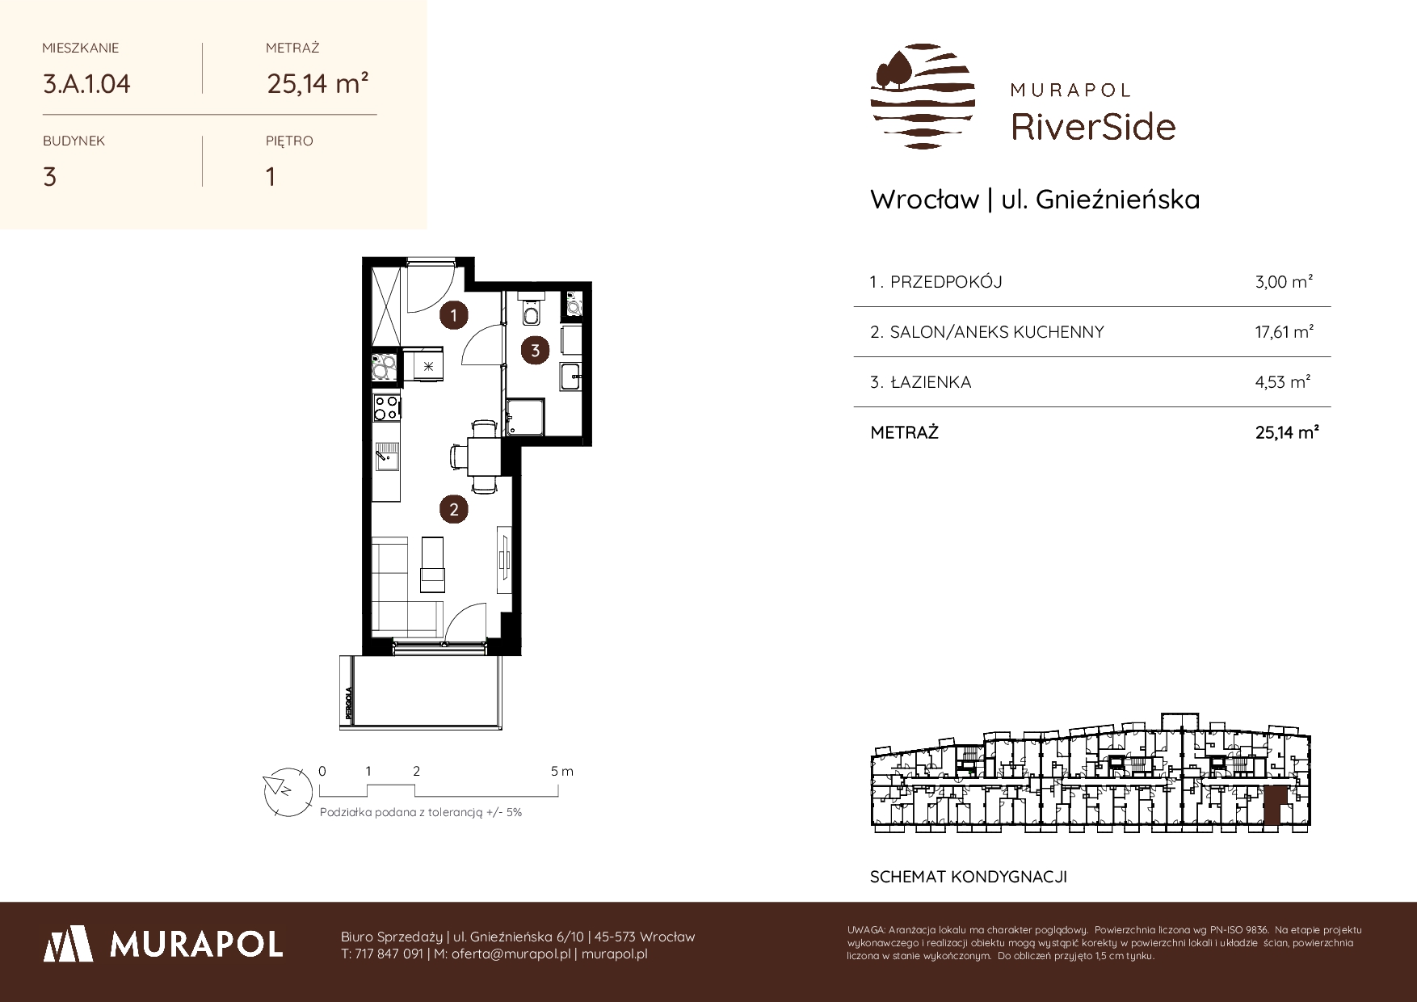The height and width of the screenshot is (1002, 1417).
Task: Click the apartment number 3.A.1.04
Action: click(x=86, y=83)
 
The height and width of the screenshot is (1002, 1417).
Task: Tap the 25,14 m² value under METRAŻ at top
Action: click(x=318, y=83)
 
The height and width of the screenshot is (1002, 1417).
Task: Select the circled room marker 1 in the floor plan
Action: click(x=454, y=315)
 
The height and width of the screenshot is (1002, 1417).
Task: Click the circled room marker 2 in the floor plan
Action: click(x=454, y=509)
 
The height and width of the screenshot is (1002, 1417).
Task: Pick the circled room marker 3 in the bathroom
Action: click(x=535, y=350)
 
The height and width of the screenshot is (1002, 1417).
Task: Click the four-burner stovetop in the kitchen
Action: click(x=385, y=406)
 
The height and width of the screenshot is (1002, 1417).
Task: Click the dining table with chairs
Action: click(x=483, y=457)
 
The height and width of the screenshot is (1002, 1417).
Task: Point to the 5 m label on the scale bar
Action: click(x=562, y=771)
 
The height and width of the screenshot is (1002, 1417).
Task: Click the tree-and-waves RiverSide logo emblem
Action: click(x=923, y=96)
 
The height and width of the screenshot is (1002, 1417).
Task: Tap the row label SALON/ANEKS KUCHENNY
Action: click(x=996, y=332)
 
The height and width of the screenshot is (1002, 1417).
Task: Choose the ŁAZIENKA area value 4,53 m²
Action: click(x=1283, y=382)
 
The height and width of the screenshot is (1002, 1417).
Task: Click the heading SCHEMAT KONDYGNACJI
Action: click(x=969, y=877)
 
